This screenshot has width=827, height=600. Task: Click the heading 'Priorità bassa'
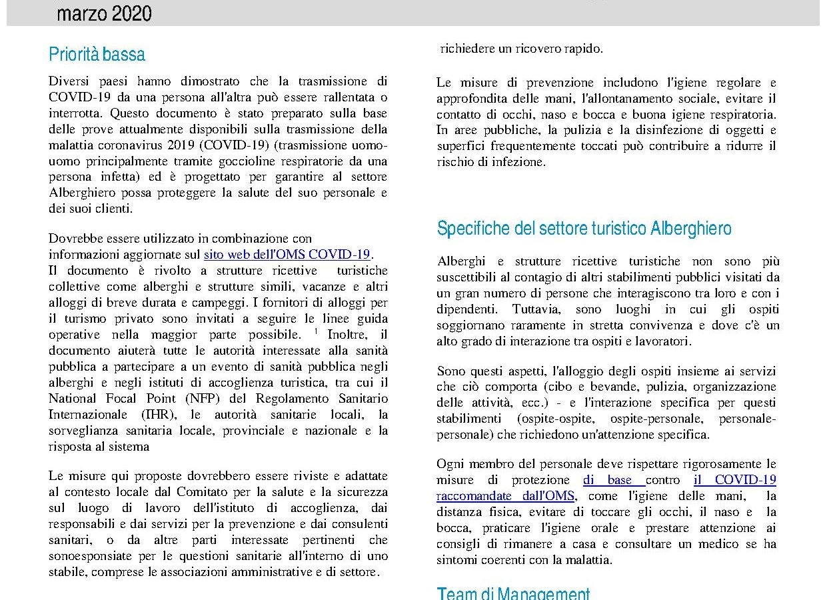(x=97, y=54)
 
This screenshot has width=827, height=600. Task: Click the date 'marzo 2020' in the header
(x=104, y=13)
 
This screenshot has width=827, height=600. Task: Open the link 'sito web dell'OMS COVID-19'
(x=287, y=254)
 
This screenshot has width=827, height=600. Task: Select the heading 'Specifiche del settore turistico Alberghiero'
(x=584, y=229)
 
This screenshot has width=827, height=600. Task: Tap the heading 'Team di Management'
(x=513, y=593)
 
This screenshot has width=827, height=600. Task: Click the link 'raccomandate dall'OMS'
(x=506, y=496)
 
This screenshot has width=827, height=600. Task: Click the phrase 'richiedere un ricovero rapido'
(x=521, y=49)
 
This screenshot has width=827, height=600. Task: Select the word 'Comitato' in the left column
(x=189, y=492)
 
